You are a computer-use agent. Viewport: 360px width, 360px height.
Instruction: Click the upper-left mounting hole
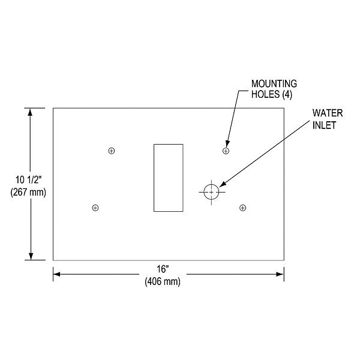(111, 151)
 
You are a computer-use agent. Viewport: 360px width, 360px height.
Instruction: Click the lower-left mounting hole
(95, 208)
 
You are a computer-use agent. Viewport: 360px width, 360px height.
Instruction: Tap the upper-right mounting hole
(226, 151)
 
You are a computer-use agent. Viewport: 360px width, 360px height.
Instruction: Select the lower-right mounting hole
(242, 208)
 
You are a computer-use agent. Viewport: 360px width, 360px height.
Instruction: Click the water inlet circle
(211, 191)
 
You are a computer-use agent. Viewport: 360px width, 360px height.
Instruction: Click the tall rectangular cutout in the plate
(169, 178)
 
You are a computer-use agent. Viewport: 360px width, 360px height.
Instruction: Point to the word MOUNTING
(274, 85)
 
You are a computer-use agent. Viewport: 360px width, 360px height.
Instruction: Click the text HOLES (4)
(271, 95)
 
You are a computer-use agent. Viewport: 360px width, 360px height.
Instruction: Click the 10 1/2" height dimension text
(28, 179)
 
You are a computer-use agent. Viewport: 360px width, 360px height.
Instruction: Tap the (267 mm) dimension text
(28, 191)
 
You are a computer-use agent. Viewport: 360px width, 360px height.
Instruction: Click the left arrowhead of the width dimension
(57, 275)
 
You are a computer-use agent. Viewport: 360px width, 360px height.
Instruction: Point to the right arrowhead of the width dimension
(280, 275)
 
